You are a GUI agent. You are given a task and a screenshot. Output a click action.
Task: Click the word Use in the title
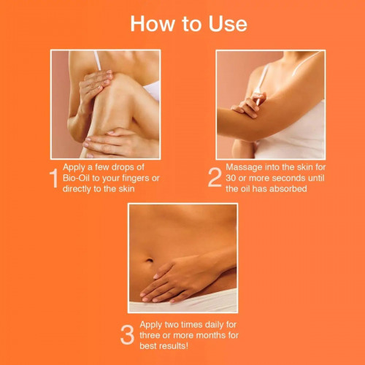point(228,24)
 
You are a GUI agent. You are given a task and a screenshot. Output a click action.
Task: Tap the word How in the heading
point(153,24)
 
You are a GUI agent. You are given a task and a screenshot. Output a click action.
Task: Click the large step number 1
point(54,178)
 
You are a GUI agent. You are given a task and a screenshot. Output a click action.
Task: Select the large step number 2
point(215,177)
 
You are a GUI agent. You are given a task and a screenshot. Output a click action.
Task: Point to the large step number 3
point(127,335)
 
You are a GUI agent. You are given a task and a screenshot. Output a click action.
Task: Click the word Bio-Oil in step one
point(77,178)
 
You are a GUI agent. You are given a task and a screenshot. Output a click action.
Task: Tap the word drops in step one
point(114,167)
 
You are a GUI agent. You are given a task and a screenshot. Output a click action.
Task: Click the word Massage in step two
point(244,168)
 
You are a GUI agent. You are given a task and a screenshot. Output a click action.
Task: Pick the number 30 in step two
point(231,178)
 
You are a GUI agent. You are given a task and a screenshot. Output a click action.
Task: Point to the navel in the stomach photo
point(149,261)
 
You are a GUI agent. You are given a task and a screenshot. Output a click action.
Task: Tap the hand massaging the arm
point(249,105)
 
